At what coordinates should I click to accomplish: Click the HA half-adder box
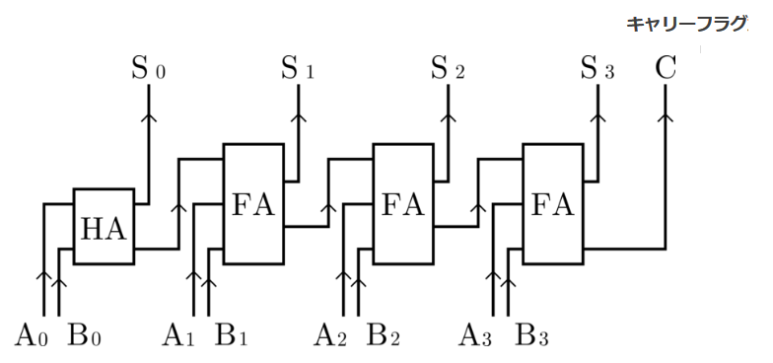104,227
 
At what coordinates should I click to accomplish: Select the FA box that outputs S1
253,203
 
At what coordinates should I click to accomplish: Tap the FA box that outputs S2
403,203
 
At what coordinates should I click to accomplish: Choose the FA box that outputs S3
553,203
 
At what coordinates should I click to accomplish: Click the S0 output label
148,69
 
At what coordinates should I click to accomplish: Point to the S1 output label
298,69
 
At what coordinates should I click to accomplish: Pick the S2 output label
448,69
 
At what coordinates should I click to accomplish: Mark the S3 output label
597,69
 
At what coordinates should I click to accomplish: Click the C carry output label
666,69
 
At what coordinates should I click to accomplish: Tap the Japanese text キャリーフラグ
686,24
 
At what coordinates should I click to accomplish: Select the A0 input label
32,334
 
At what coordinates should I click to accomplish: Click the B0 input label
85,334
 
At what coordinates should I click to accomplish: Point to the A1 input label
179,334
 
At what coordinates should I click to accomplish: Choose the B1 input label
231,334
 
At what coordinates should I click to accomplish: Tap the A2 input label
330,334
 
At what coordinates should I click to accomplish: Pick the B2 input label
383,334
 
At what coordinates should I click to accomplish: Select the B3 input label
532,334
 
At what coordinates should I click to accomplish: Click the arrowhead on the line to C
666,116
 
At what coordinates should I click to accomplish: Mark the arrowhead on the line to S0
148,116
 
